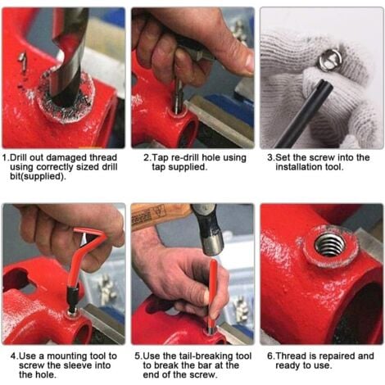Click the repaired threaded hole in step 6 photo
(x=329, y=245)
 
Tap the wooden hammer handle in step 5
(x=161, y=216)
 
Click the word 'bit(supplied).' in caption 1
(x=38, y=177)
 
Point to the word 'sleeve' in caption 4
(x=77, y=365)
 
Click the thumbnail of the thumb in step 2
(x=249, y=62)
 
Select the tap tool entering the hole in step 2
(x=179, y=96)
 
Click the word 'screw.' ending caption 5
(x=203, y=375)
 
